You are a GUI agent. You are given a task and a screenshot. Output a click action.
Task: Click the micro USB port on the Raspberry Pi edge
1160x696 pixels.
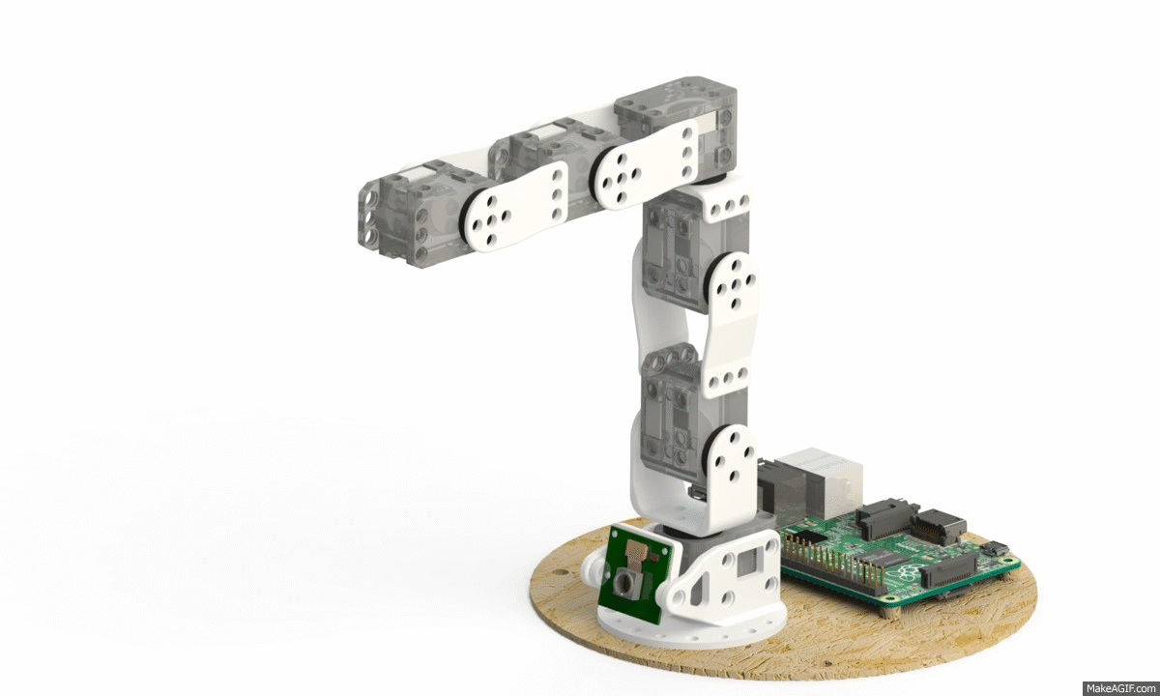(994, 550)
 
